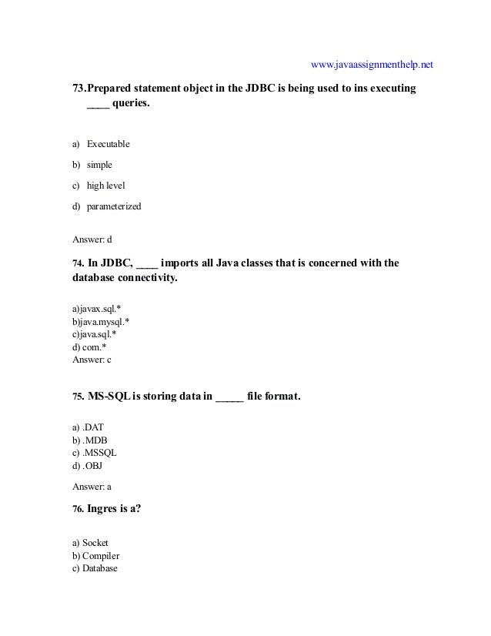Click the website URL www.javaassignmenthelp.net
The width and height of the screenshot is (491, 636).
pos(372,63)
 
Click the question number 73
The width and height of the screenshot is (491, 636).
pos(78,89)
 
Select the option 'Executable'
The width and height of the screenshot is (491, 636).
pos(108,144)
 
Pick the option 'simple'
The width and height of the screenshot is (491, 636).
pos(99,165)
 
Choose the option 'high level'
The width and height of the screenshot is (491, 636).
pos(105,186)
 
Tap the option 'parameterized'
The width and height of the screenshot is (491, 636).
pos(114,206)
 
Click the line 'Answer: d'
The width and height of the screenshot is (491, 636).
pos(92,238)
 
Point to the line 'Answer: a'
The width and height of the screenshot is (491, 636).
pos(92,487)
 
